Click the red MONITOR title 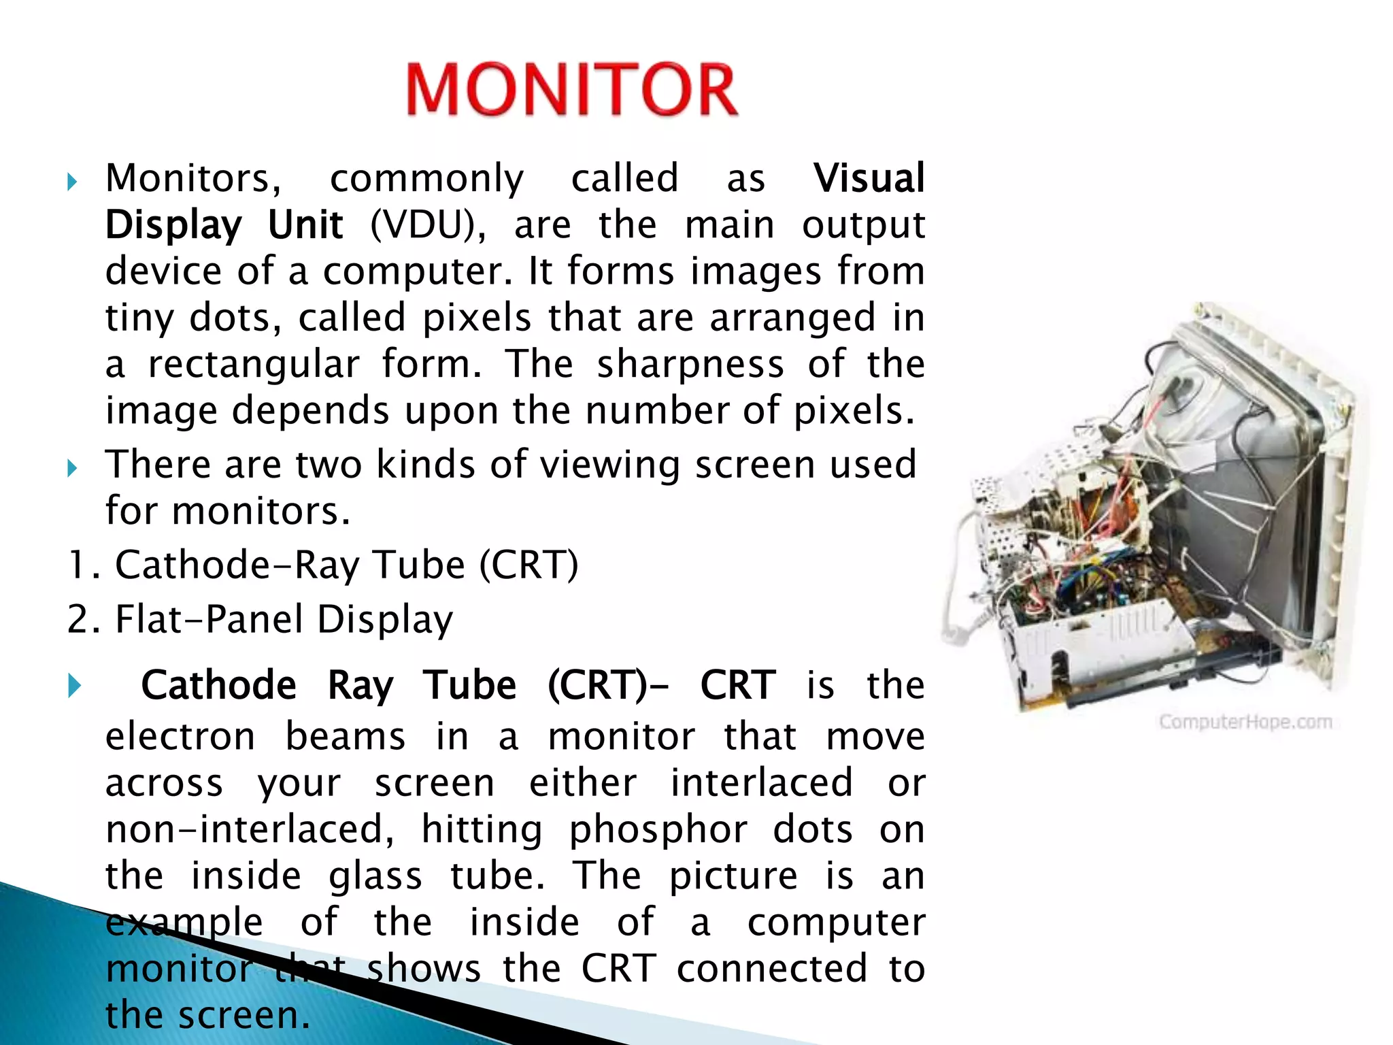tap(571, 90)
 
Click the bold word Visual tap(869, 178)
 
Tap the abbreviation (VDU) tap(428, 225)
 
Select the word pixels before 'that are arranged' tap(476, 318)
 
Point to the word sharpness tap(690, 365)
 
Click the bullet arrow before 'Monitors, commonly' tap(72, 182)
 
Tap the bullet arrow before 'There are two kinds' tap(72, 468)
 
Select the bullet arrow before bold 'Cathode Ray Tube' tap(74, 686)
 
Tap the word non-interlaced tap(249, 830)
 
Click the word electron tap(180, 737)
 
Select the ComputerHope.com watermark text tap(1245, 722)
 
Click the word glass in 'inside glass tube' tap(375, 876)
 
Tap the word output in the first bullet tap(862, 226)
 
